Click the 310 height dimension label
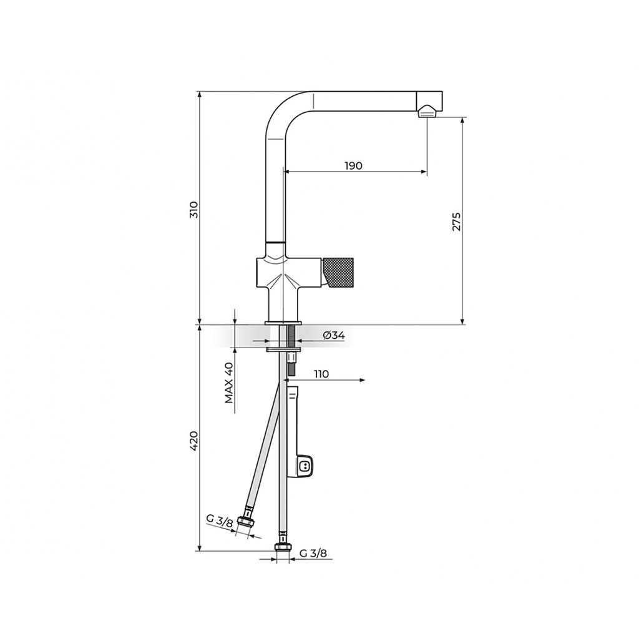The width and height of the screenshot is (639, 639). tap(195, 210)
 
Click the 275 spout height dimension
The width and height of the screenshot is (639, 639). tap(456, 222)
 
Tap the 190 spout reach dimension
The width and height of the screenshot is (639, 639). tap(353, 166)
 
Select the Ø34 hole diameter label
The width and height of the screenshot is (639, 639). tap(334, 335)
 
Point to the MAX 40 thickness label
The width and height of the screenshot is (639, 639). tap(230, 383)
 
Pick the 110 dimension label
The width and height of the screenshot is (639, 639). tap(321, 374)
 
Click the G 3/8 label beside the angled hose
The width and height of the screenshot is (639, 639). tap(219, 521)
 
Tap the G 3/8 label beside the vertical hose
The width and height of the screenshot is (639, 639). tap(313, 553)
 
